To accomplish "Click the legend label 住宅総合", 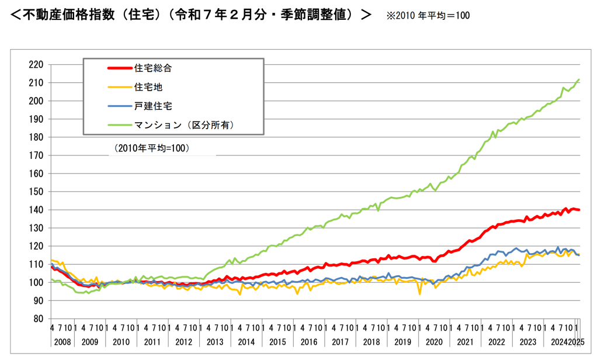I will (153, 68).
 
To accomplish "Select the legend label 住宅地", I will (148, 87).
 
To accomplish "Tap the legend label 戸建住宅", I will (153, 106).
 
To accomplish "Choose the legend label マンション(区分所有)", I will (185, 124).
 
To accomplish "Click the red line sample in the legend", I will (120, 68).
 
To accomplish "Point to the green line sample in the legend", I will (120, 124).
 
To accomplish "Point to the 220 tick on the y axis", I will (36, 64).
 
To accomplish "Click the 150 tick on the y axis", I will (36, 192).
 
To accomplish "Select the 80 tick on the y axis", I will (39, 319).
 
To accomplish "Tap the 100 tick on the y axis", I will (36, 282).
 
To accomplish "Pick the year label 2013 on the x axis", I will (214, 341).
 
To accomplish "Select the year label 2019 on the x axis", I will (401, 341).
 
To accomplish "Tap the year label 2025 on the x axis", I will (578, 341).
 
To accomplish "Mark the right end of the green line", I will (579, 79).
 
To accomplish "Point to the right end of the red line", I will (579, 210).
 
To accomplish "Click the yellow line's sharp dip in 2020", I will (420, 293).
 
